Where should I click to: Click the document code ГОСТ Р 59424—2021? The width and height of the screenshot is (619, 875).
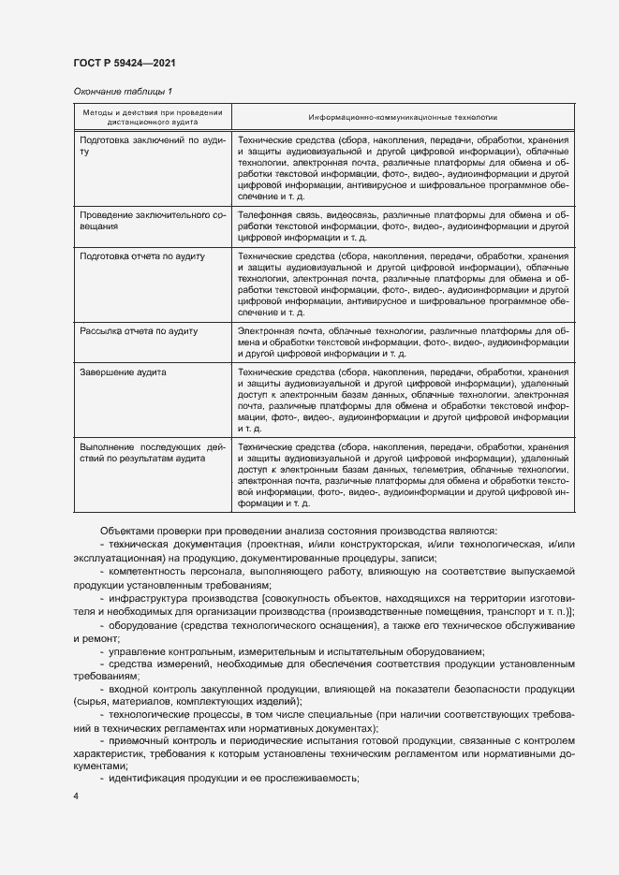coord(124,63)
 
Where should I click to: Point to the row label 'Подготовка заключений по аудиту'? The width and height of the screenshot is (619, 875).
coord(153,145)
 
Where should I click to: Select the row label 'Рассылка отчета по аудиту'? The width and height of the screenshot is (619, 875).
coord(138,330)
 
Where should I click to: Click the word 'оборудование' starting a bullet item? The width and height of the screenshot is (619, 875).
coord(141,624)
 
